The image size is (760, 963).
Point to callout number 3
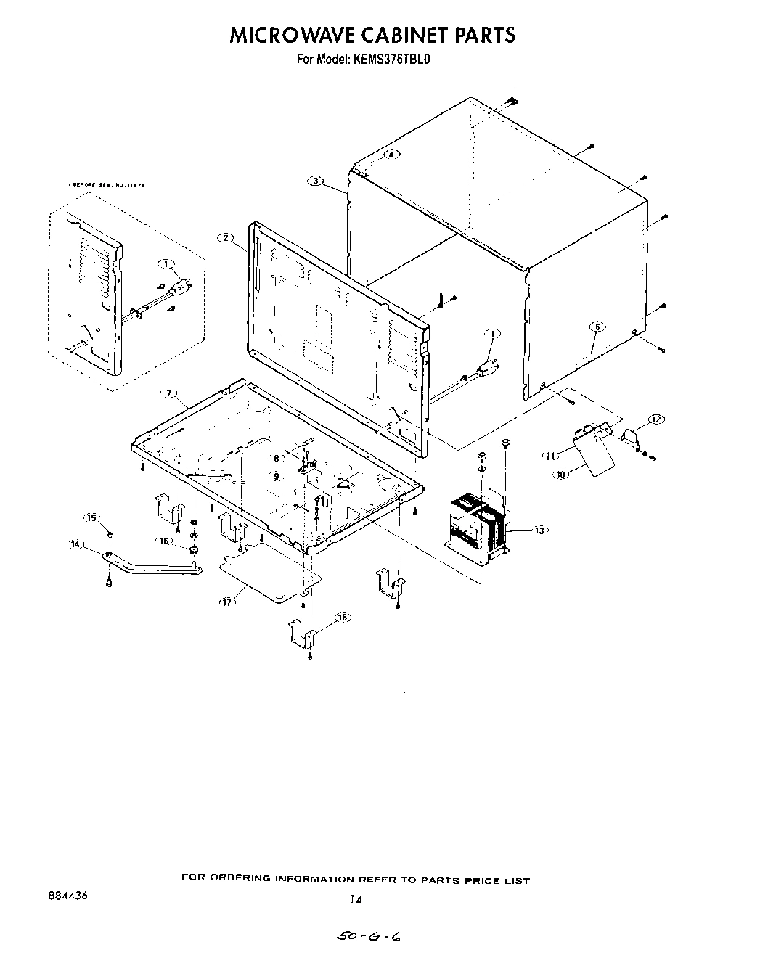coord(315,181)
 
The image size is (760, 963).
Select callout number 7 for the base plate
coord(169,393)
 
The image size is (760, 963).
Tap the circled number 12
coord(655,419)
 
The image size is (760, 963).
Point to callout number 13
coord(539,530)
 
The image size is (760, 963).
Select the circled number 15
coord(91,517)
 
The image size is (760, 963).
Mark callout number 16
coord(164,541)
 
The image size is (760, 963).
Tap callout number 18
coord(342,617)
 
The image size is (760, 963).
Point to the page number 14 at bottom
coord(355,899)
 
